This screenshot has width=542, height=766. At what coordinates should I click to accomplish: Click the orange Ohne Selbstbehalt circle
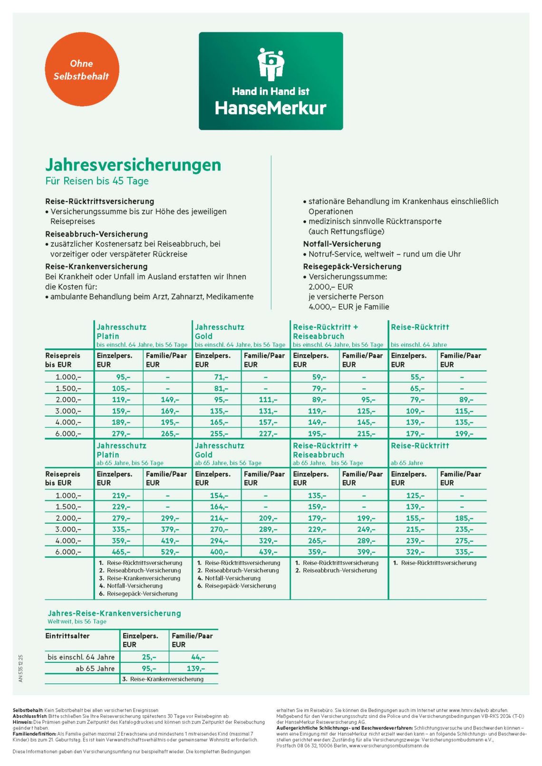[82, 69]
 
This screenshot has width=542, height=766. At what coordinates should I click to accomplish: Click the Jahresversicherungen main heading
[133, 165]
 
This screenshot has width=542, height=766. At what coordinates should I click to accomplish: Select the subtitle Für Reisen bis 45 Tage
[97, 181]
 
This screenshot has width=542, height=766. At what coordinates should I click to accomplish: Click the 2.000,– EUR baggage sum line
[330, 287]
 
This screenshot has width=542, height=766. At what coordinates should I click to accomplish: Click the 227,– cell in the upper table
[268, 433]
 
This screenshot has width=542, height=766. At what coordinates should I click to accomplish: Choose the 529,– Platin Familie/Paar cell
[170, 552]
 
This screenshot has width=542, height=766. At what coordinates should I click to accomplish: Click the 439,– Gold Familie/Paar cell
[268, 552]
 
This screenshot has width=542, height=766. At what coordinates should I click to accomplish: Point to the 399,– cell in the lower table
[366, 552]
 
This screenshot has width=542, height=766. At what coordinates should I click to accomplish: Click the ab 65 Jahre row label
[95, 668]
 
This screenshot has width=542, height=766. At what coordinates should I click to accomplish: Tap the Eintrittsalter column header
[67, 636]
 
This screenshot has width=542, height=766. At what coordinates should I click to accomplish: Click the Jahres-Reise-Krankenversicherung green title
[114, 613]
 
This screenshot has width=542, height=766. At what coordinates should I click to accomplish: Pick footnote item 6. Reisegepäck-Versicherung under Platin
[138, 594]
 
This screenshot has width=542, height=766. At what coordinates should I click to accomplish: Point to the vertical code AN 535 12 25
[20, 668]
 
